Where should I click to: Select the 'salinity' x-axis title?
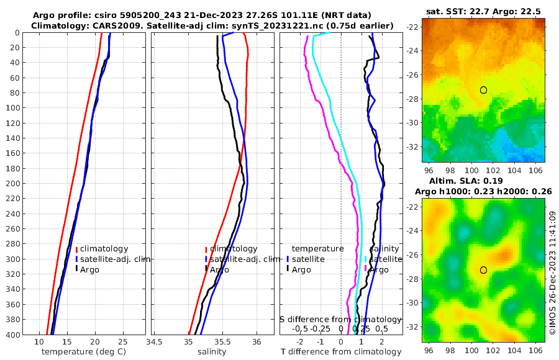point(211,352)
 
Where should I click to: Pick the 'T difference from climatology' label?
point(342,352)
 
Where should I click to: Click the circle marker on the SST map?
point(483,90)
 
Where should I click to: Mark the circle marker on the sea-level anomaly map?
point(483,270)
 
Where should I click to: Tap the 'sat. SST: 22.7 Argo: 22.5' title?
point(483,12)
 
